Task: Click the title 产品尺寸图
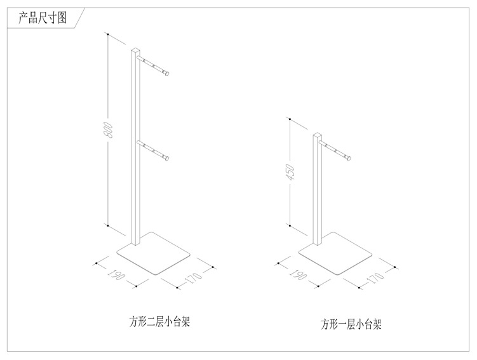[39, 18]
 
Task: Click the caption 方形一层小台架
[351, 325]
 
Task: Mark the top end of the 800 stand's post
[135, 48]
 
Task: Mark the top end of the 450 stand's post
[316, 135]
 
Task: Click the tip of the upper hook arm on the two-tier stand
[168, 73]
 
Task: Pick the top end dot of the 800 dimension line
[108, 33]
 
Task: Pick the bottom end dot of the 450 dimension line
[289, 225]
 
